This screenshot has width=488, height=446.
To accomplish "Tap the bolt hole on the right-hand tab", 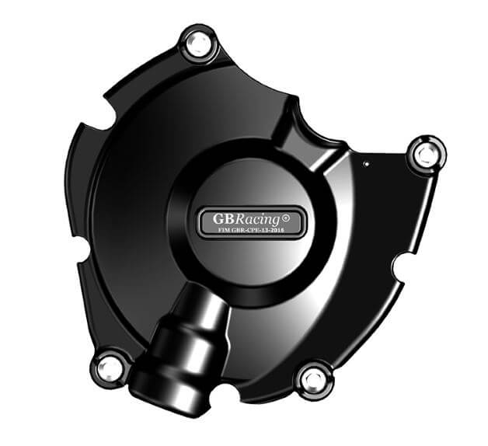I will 426,155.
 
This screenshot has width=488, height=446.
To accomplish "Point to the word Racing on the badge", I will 254,218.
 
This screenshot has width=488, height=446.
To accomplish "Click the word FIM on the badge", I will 213,231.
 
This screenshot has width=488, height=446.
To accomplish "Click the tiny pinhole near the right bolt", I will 365,164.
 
